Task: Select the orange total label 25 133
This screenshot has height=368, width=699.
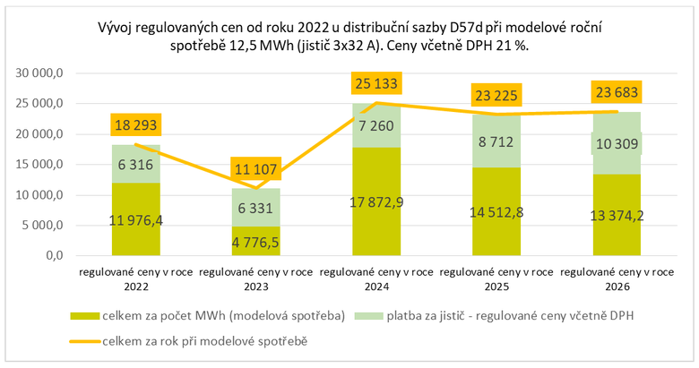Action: pos(376,83)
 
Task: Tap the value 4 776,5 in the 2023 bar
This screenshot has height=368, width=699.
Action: pos(257,241)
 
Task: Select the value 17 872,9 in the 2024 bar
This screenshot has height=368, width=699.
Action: pos(376,201)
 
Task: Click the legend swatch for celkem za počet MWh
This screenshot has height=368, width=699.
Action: pos(90,315)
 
